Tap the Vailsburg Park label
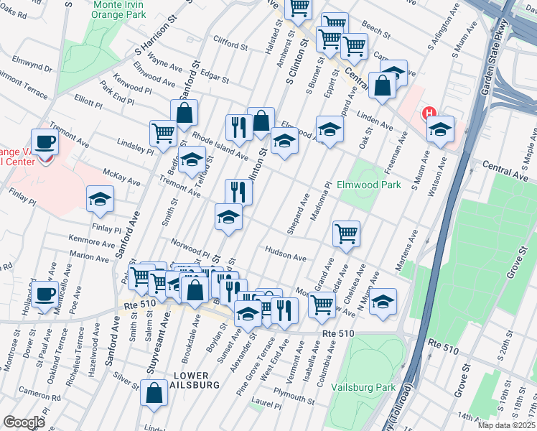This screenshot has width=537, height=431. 364,387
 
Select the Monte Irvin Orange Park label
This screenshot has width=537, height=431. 121,8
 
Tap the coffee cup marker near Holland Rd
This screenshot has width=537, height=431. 45,293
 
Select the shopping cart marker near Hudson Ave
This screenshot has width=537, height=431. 346,233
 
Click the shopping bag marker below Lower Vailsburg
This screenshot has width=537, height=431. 154,393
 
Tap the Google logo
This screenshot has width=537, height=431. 24,422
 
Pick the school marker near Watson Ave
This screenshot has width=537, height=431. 440,129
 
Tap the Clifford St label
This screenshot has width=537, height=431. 230,45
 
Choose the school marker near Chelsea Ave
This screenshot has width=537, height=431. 383,302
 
